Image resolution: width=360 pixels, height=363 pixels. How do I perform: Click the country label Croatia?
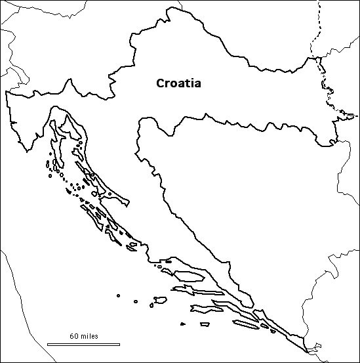[178, 83]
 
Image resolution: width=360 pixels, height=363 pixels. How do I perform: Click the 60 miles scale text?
[83, 336]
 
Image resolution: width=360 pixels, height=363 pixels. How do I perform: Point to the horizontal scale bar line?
[83, 343]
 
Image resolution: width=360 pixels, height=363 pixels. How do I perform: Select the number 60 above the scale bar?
[73, 336]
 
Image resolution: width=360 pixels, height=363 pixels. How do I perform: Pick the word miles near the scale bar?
[89, 336]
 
